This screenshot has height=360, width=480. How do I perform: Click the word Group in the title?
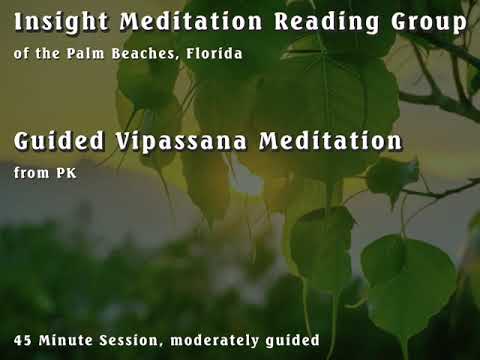coord(419,21)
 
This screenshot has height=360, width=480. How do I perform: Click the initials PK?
coord(62,173)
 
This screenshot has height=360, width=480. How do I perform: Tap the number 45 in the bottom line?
coord(25,341)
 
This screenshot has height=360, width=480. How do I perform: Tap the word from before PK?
coord(30,173)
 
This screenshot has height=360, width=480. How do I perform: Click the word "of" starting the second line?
coord(22,52)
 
